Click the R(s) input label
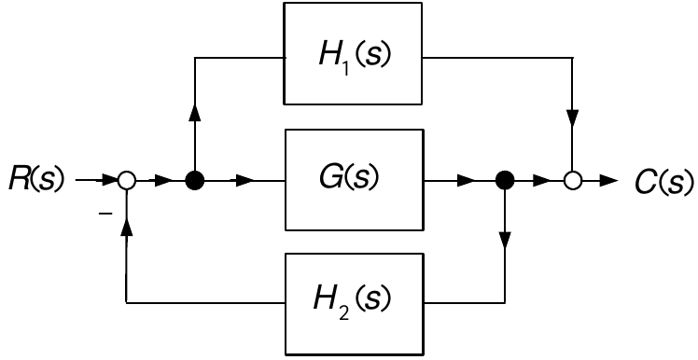click(x=36, y=179)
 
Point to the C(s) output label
click(x=663, y=182)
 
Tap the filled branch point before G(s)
click(x=194, y=181)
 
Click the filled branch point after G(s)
click(x=505, y=181)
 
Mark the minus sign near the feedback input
click(x=105, y=215)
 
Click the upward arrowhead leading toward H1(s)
click(x=194, y=113)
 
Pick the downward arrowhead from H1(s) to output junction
click(x=572, y=118)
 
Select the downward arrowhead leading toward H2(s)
click(x=505, y=241)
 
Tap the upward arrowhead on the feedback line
click(x=127, y=227)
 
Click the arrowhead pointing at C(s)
click(x=609, y=181)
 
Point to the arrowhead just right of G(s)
click(x=467, y=181)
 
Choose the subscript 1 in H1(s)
click(x=346, y=69)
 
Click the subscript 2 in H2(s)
click(x=343, y=313)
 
